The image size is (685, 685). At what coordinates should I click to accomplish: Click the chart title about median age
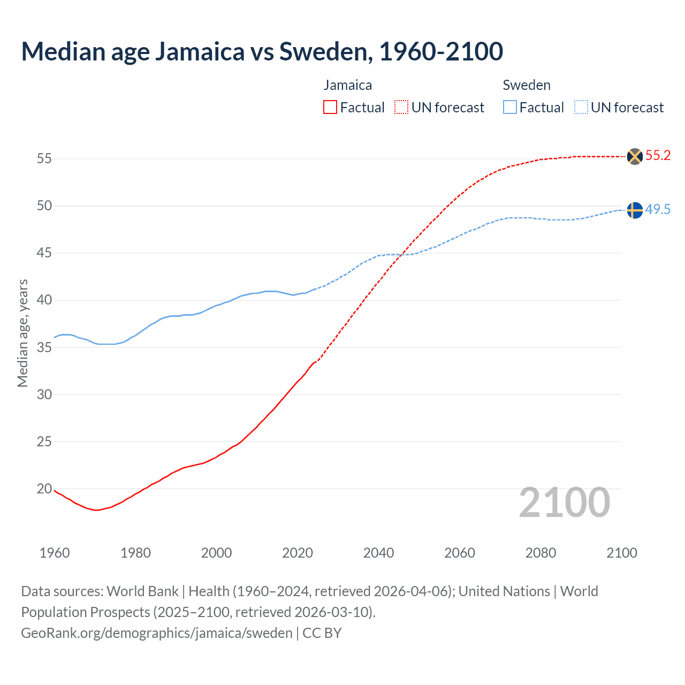[262, 51]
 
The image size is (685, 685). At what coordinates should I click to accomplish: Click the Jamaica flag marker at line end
[634, 156]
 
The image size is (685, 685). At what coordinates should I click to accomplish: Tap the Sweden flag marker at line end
[634, 210]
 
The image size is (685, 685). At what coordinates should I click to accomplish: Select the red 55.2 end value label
[658, 156]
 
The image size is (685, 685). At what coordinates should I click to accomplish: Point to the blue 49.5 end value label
[658, 210]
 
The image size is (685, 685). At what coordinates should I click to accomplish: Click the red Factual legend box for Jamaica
[330, 108]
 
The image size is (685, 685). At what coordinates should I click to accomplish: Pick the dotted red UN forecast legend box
[401, 108]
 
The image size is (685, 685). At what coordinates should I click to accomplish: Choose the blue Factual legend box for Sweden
[509, 108]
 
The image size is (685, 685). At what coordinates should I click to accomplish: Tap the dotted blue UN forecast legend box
[581, 108]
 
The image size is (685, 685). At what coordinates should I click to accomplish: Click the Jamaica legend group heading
[347, 86]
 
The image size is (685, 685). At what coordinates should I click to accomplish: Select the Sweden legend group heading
[527, 86]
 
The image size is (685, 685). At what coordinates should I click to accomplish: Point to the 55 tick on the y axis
[44, 159]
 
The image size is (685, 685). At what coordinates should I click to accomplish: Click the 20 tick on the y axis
[44, 489]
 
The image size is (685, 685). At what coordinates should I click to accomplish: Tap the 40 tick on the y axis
[44, 300]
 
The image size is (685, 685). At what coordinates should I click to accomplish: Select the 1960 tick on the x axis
[55, 553]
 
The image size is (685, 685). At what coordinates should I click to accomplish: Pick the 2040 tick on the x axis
[378, 553]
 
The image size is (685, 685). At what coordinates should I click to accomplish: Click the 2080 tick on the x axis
[541, 553]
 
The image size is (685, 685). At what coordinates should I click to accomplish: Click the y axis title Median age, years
[22, 333]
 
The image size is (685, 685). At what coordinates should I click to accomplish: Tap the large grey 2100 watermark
[564, 503]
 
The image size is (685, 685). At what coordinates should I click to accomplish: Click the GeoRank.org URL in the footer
[156, 633]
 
